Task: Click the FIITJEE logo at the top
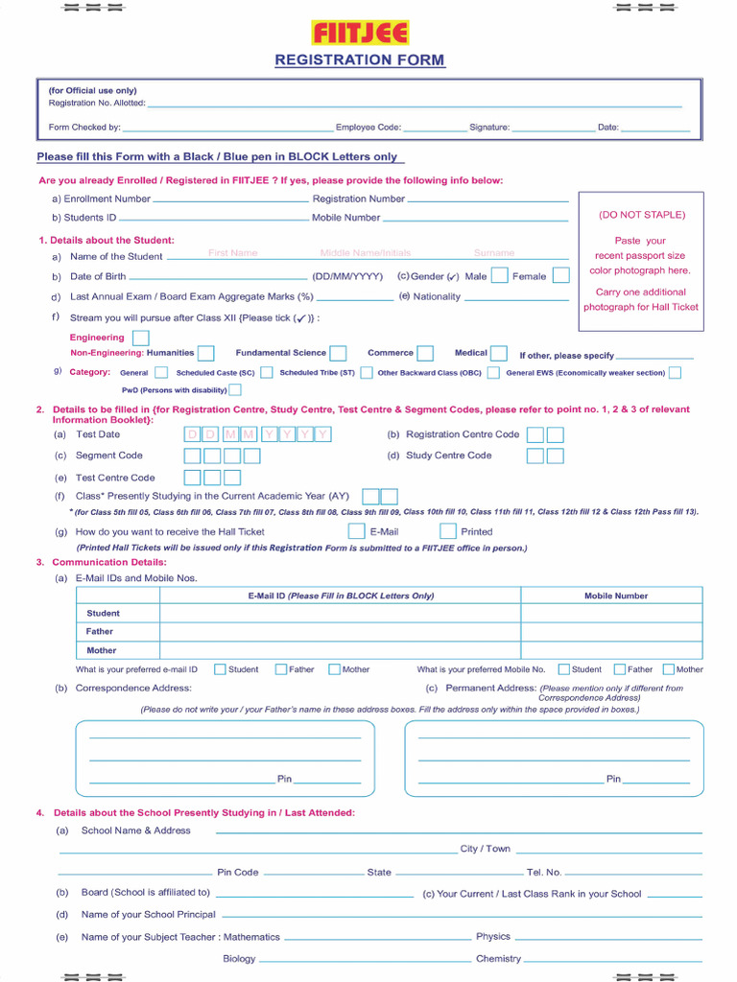[360, 34]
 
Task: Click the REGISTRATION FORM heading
[360, 59]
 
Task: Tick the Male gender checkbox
[499, 276]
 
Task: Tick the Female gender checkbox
[560, 276]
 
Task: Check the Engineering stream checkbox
[140, 338]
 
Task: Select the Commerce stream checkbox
[424, 353]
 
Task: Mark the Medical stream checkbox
[499, 353]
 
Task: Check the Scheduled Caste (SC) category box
[266, 373]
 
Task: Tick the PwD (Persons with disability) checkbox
[235, 390]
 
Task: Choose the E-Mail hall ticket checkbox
[356, 531]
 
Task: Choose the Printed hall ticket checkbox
[447, 531]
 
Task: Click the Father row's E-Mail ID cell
[340, 632]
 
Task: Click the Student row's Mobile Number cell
[611, 614]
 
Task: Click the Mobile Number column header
[616, 596]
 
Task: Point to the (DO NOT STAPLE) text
[642, 215]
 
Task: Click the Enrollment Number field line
[230, 200]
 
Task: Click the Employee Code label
[368, 128]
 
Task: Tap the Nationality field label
[437, 296]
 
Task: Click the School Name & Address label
[135, 830]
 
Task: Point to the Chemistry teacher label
[498, 958]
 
